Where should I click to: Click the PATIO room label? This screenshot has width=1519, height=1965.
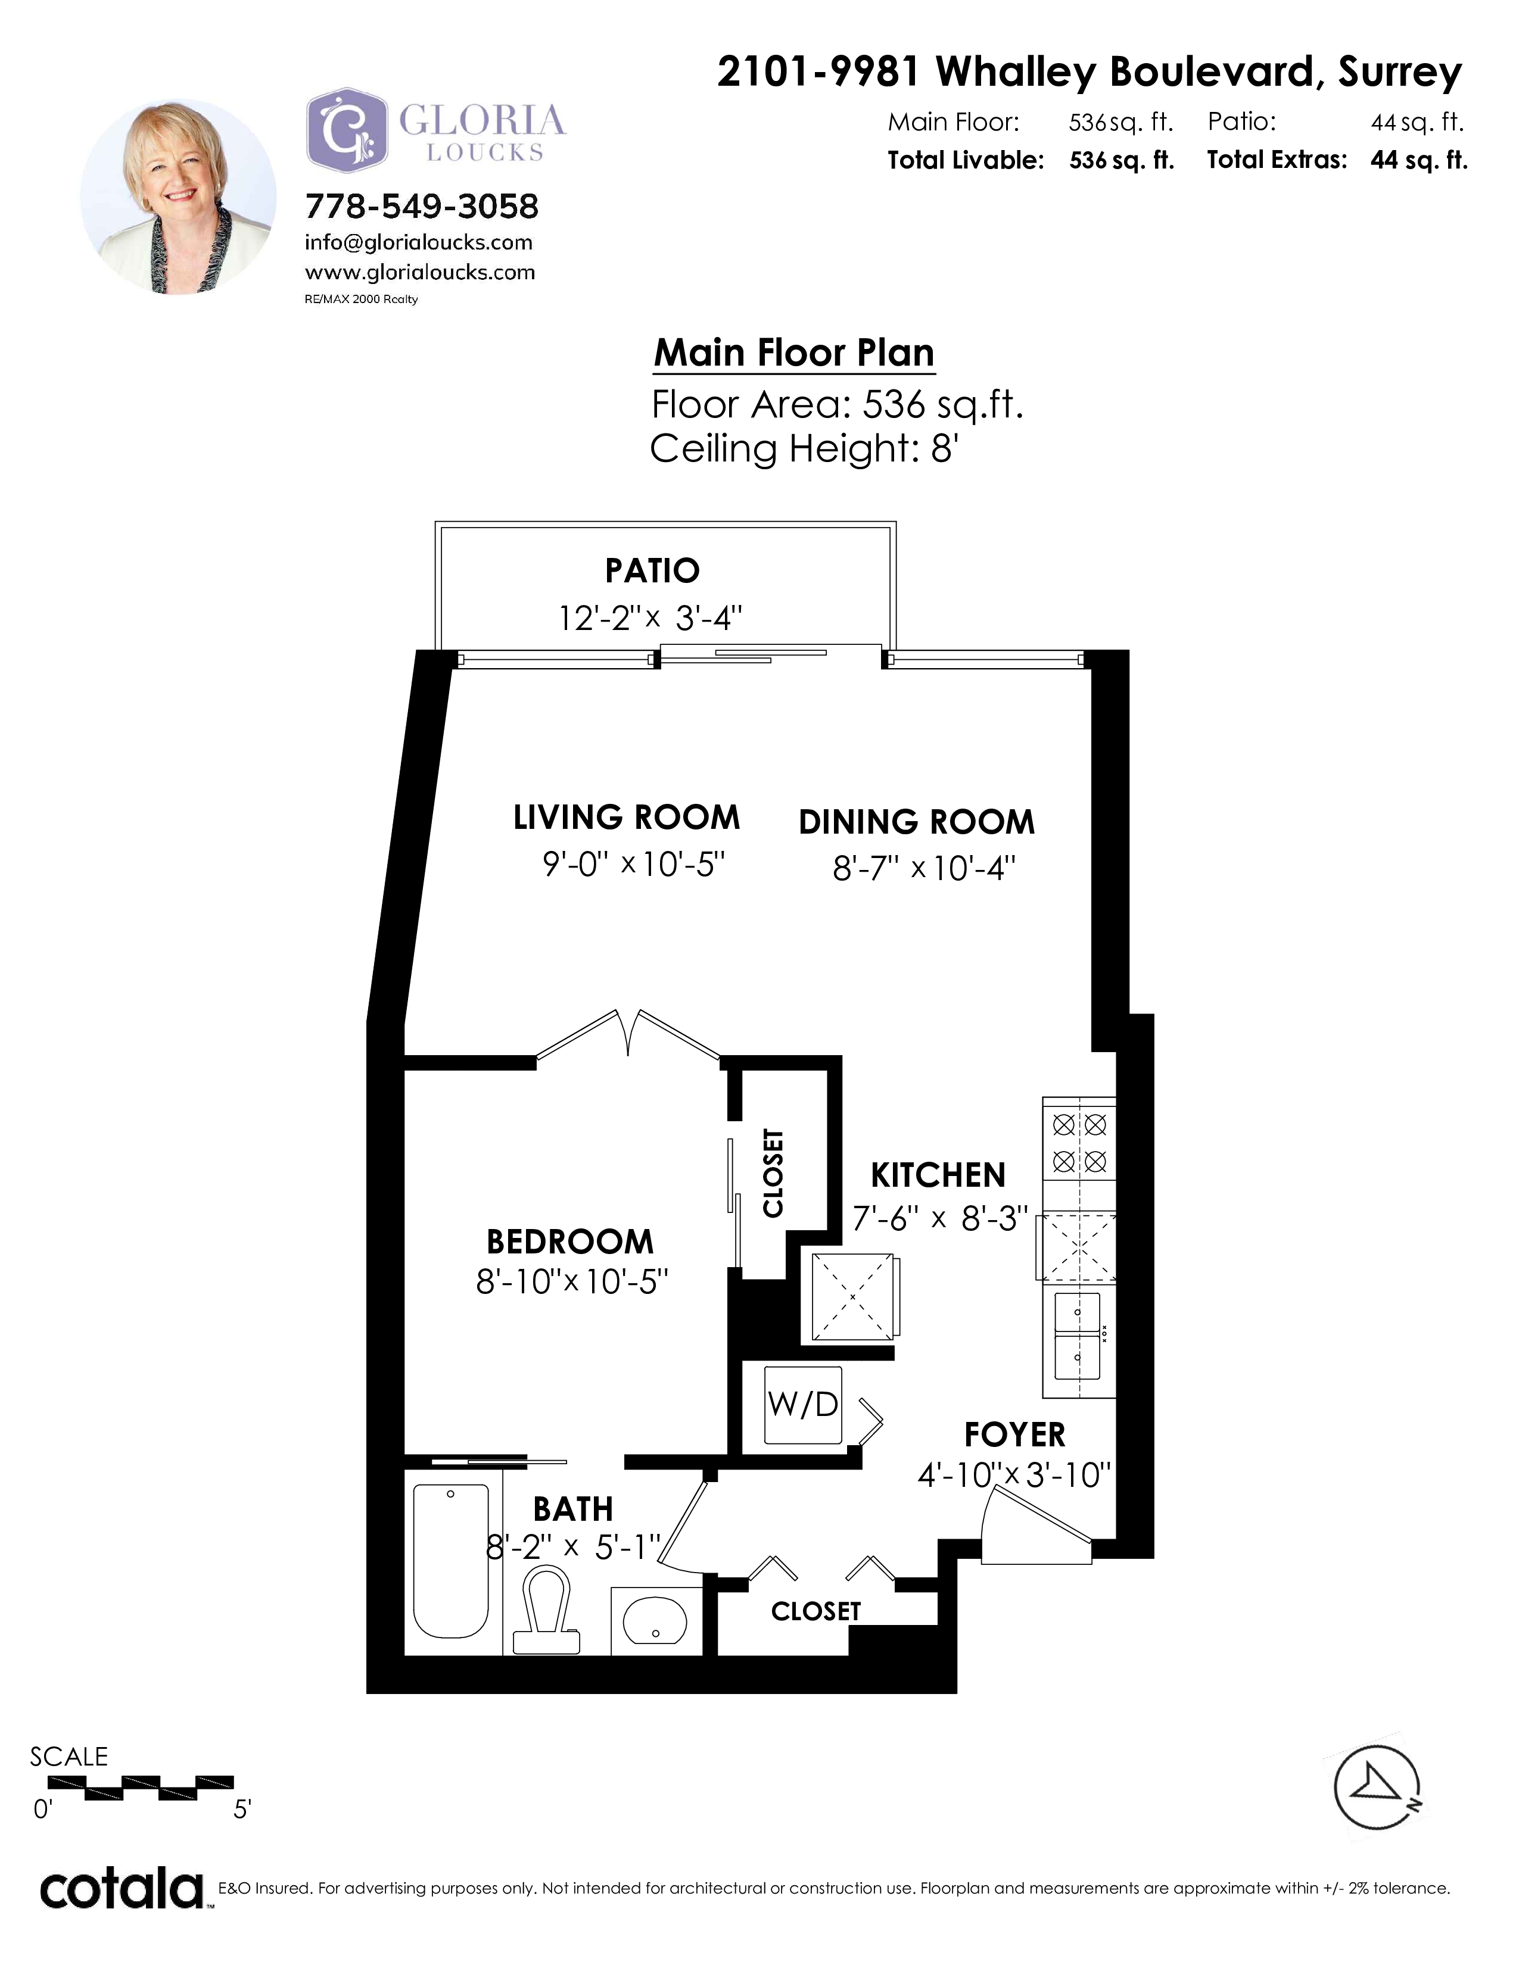click(652, 570)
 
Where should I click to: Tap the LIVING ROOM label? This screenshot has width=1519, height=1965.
click(626, 818)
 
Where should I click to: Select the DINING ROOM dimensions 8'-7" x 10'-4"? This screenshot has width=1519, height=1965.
click(924, 868)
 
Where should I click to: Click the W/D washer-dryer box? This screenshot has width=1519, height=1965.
click(803, 1405)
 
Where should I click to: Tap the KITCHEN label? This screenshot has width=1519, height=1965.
click(938, 1175)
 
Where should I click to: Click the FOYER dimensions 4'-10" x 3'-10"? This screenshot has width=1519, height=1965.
click(1014, 1475)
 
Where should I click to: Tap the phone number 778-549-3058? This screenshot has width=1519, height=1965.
click(422, 207)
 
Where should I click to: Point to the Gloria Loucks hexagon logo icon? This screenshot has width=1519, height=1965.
click(347, 130)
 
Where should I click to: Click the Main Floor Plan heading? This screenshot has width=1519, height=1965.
click(793, 353)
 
